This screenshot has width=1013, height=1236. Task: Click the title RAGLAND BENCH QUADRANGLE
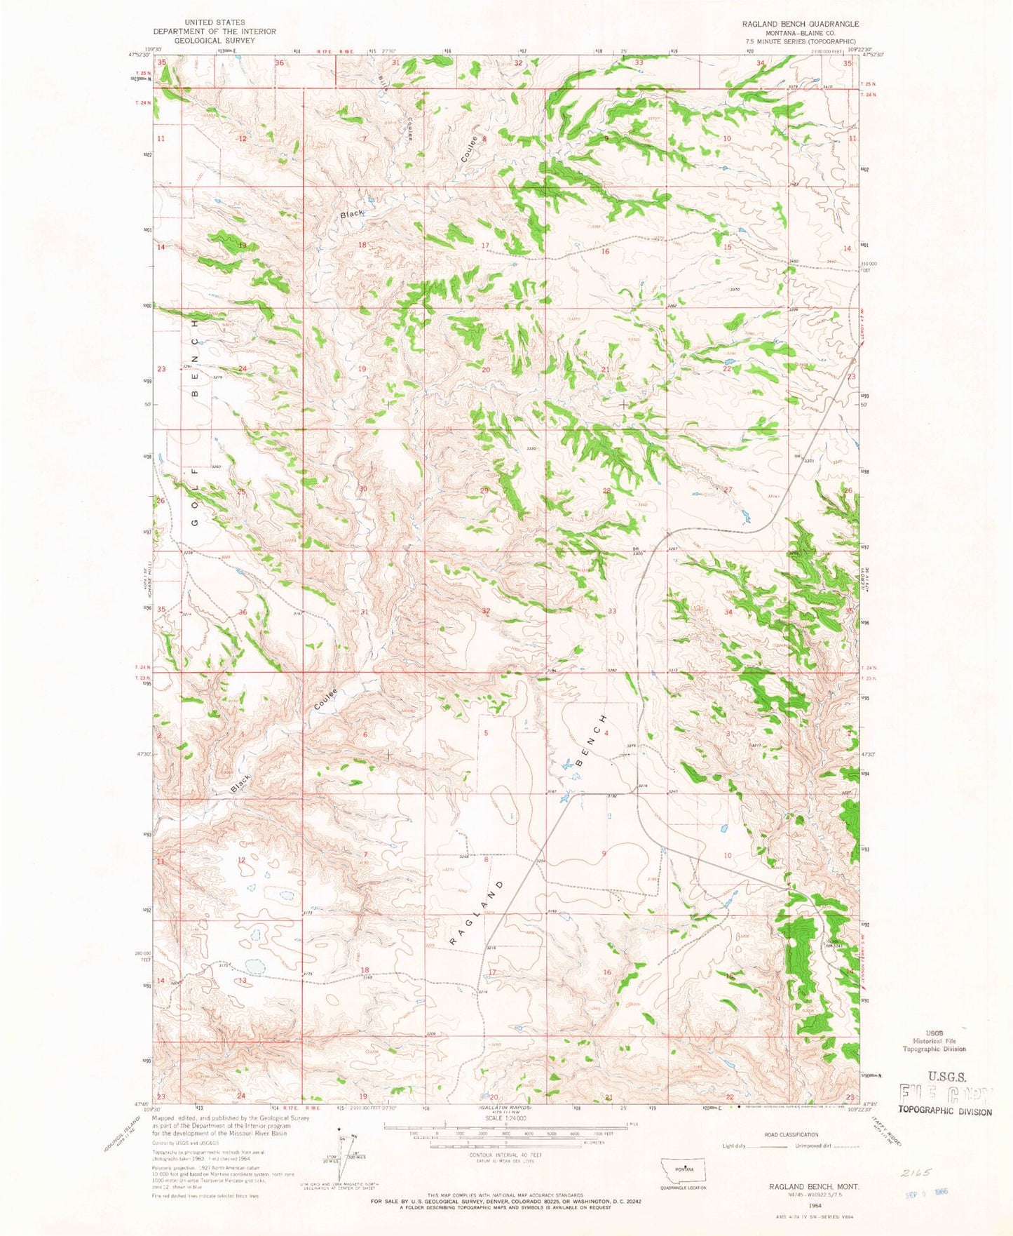801,24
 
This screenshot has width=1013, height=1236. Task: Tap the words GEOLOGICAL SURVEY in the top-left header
215,41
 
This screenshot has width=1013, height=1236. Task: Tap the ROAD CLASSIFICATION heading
792,1134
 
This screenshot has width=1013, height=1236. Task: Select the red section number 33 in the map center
612,611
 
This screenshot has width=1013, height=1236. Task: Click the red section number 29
484,490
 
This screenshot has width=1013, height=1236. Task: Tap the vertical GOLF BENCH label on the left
196,421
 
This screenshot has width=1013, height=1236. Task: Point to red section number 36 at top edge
279,63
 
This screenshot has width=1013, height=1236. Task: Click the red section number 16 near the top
605,251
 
